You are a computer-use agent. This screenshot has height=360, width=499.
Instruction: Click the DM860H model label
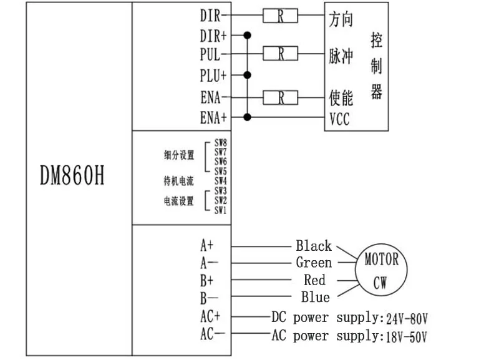(x=72, y=175)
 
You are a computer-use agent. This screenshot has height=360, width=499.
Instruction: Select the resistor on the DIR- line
(x=280, y=16)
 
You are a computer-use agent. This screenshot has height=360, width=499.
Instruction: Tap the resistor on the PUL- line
(x=280, y=54)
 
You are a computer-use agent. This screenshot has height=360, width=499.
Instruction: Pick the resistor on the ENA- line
(x=280, y=97)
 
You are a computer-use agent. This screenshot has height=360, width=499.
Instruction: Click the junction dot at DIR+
(x=247, y=35)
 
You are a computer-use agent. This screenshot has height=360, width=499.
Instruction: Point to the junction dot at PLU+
(x=247, y=75)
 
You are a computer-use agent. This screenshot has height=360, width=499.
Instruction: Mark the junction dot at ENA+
(x=247, y=117)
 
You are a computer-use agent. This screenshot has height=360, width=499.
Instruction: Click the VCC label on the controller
(x=339, y=119)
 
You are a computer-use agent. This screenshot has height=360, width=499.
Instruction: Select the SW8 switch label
(x=221, y=142)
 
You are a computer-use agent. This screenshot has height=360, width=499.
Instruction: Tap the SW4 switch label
(x=221, y=181)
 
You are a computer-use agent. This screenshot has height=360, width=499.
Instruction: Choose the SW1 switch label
(x=220, y=210)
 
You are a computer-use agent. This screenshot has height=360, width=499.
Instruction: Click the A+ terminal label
(x=207, y=245)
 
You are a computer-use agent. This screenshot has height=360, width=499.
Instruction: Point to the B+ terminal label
(x=207, y=281)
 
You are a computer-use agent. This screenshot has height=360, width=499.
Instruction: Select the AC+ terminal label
(x=210, y=316)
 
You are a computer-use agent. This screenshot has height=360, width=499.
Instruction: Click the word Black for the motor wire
(x=314, y=246)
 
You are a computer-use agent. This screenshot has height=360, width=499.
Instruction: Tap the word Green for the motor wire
(x=314, y=263)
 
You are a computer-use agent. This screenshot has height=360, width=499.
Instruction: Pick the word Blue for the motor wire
(x=316, y=297)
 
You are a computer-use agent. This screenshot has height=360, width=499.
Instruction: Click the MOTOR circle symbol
(x=381, y=270)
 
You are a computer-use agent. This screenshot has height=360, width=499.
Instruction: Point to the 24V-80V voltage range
(x=407, y=319)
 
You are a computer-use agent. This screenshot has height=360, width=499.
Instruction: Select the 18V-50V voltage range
(x=407, y=337)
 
